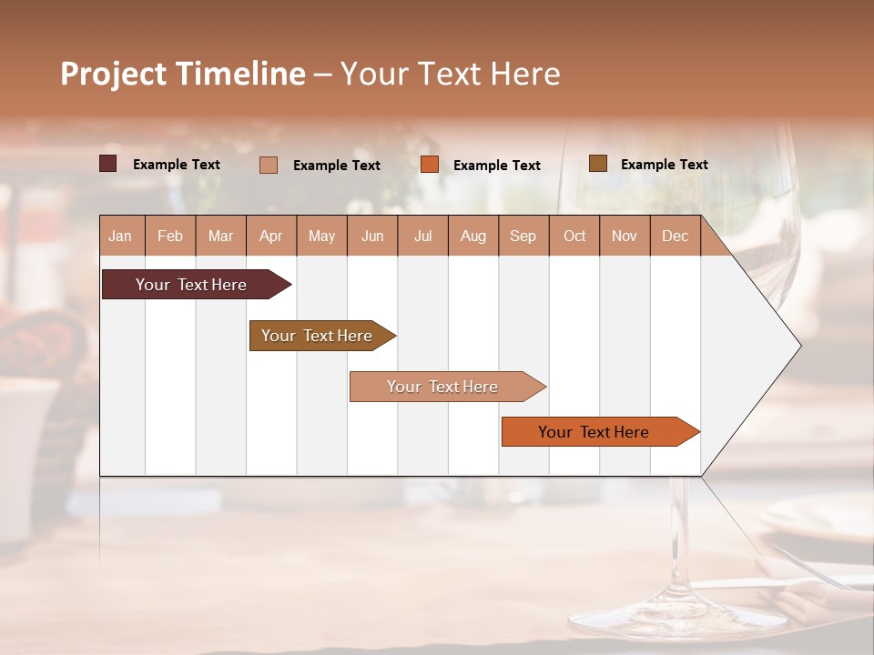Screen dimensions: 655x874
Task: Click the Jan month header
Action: click(x=120, y=236)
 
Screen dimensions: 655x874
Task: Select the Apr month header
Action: click(x=271, y=236)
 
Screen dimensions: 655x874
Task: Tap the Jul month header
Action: click(x=422, y=236)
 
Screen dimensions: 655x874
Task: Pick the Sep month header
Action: click(x=523, y=236)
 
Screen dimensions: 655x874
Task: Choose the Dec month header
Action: click(x=675, y=236)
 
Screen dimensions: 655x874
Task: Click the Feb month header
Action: click(x=170, y=236)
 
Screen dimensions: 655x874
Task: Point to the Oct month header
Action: click(x=574, y=236)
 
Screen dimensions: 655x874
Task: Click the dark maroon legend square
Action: click(x=107, y=164)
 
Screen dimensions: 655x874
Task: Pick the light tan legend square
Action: click(x=269, y=165)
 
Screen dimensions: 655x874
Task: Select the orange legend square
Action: click(x=430, y=165)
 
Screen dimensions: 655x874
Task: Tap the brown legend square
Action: click(x=597, y=164)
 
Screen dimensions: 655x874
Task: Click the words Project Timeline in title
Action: click(x=182, y=73)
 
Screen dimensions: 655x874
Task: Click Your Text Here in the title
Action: click(x=451, y=73)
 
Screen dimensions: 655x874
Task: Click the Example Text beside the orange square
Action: click(x=496, y=166)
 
